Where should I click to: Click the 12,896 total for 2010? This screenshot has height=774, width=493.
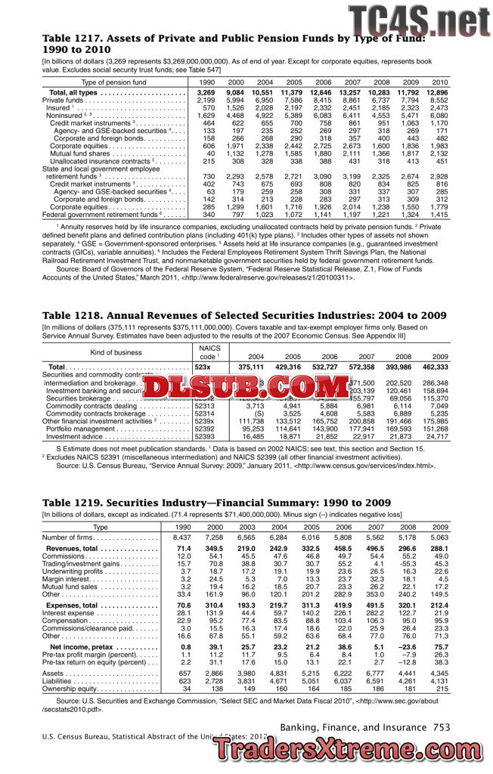(438, 92)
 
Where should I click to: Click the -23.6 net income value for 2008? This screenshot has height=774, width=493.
(408, 648)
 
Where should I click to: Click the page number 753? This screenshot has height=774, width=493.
(441, 727)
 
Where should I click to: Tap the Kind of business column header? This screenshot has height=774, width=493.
(116, 352)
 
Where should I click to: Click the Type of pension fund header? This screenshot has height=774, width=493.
(113, 81)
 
